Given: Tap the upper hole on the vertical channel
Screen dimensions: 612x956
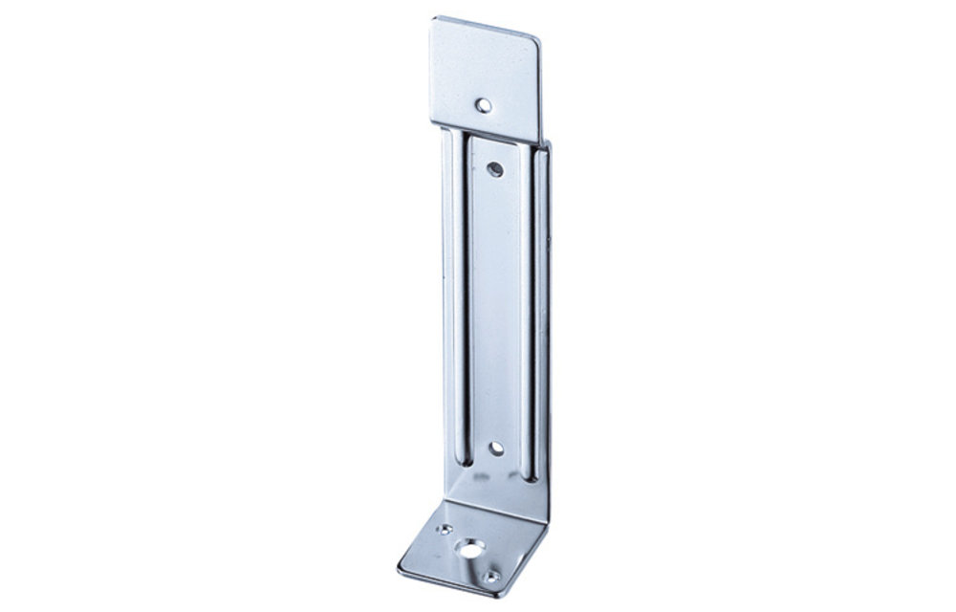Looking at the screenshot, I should point(495,168).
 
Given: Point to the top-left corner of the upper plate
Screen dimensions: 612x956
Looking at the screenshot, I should point(429,18).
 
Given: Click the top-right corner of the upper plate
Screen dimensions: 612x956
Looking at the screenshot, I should point(542,38).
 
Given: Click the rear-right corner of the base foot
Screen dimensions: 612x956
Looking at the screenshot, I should point(553,507).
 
